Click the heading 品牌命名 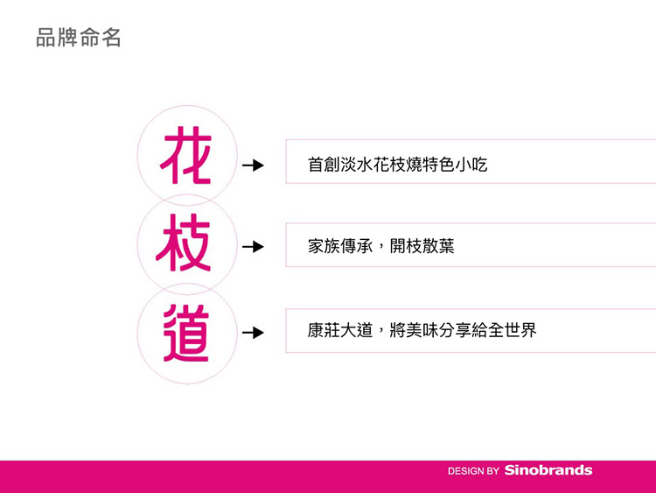point(79,38)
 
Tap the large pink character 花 point(186,155)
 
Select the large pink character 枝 point(184,243)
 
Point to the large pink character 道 point(185,333)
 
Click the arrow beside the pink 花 point(253,165)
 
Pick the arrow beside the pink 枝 point(253,246)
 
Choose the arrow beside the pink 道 point(253,333)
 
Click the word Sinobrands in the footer point(548,470)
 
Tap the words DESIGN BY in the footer point(473,471)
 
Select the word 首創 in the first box point(324,165)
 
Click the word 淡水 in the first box point(357,165)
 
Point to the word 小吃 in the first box point(471,165)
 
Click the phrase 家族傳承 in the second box point(340,246)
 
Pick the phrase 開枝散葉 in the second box point(422,246)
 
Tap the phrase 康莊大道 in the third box point(340,330)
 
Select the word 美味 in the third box point(422,330)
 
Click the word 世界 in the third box point(520,330)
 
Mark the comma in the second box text point(380,250)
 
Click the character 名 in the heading point(111,38)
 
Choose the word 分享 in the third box point(455,330)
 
